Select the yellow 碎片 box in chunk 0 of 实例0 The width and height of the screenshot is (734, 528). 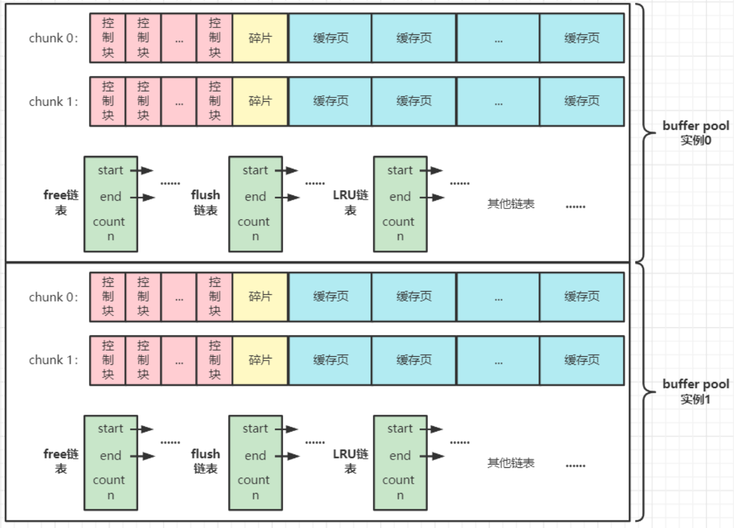coord(260,38)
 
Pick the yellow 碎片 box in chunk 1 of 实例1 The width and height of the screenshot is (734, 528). coord(260,360)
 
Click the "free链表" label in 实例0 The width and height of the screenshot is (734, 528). coord(61,202)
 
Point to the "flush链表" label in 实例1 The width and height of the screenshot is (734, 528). coord(206,461)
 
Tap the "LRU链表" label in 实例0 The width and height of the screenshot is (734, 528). coord(351,202)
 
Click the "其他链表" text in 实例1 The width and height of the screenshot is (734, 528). coord(511,463)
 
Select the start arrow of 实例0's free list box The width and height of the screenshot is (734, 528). coord(142,170)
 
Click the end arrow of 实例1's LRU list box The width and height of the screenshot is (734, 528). coord(432,456)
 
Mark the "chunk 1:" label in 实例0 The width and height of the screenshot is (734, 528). coord(54,102)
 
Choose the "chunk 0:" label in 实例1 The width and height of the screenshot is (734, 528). coord(54,297)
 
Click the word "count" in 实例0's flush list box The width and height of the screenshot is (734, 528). coord(254,222)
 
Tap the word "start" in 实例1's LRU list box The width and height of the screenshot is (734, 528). coord(400,428)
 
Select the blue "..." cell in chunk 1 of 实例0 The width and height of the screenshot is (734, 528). coord(498,102)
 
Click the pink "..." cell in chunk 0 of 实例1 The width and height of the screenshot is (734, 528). coord(179,297)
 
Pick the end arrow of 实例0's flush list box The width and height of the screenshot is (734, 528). coord(287,198)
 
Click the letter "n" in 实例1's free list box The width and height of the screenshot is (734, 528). coord(110,495)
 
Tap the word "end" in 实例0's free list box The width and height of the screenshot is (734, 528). coord(110,196)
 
